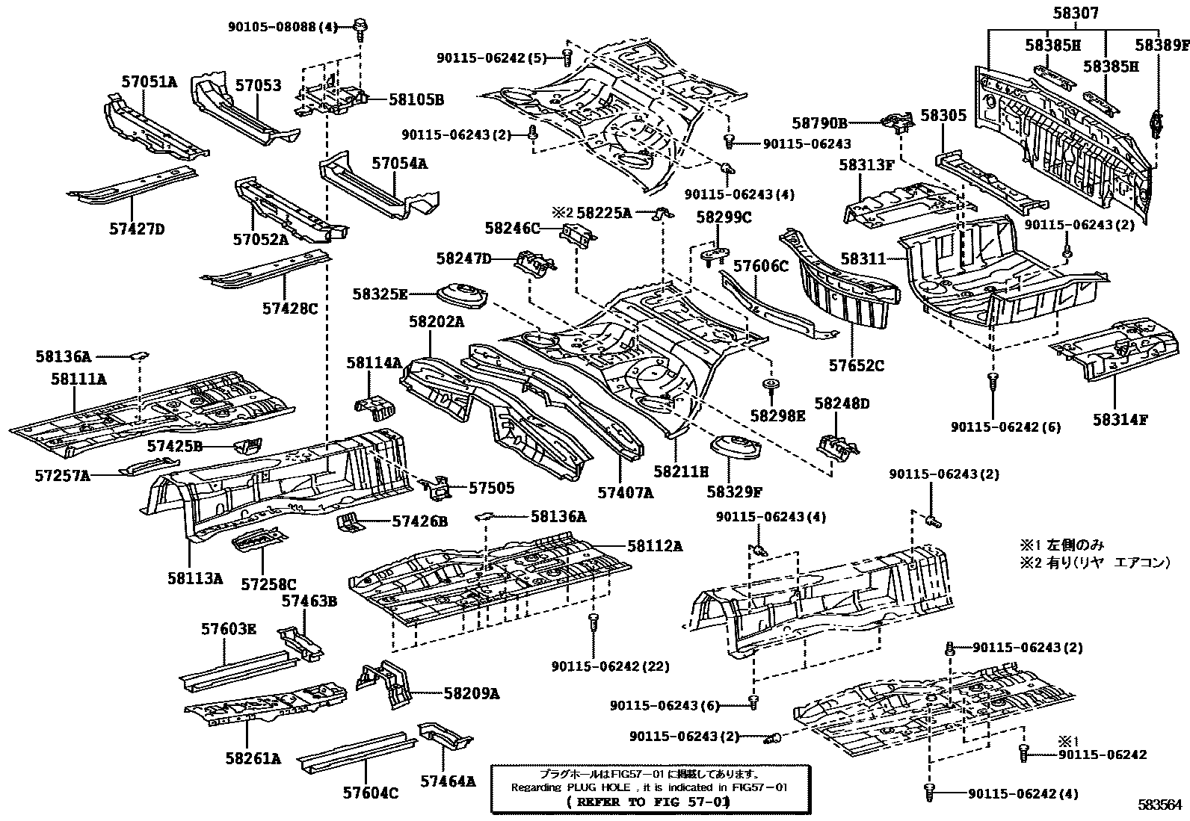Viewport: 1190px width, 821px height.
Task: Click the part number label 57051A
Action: [149, 83]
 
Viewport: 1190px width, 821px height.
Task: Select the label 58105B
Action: [416, 99]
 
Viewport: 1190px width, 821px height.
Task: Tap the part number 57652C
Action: [856, 365]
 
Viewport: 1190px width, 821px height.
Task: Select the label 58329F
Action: [735, 492]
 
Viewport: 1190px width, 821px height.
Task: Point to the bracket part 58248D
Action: [838, 446]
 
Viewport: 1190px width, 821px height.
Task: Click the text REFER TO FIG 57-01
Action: [647, 802]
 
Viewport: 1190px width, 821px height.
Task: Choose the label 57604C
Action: [370, 792]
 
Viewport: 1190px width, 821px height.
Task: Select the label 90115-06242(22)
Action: [611, 666]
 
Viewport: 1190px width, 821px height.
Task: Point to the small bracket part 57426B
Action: [348, 521]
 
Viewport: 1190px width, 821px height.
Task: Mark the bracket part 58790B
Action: [897, 122]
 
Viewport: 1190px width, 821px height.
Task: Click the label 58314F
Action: [1119, 420]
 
